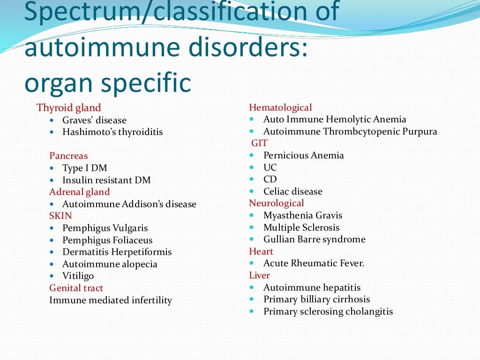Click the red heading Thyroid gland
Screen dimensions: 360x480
68,108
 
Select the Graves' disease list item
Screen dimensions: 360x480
94,120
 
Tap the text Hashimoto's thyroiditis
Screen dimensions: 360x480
112,132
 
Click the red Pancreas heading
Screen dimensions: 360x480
68,156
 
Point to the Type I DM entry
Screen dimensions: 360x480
85,168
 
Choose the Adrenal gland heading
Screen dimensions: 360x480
79,192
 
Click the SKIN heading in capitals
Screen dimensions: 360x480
60,216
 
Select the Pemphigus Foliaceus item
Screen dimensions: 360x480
107,240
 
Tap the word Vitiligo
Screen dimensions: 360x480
78,276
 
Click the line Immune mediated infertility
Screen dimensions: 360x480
111,300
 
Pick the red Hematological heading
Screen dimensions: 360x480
280,108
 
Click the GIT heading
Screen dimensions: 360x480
259,143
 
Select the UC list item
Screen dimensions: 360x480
270,167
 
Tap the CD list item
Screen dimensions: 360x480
270,179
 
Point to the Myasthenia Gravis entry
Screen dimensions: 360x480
303,215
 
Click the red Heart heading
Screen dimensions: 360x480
261,251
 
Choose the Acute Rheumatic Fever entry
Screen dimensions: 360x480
314,263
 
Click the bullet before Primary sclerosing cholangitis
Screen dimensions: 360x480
252,311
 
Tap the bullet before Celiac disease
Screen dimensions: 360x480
252,191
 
